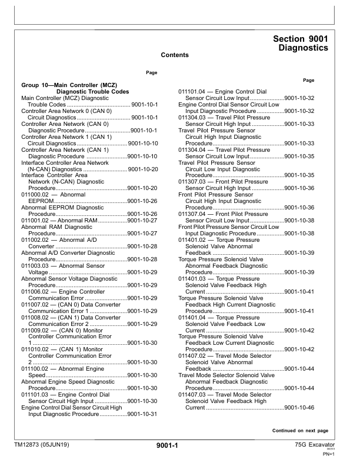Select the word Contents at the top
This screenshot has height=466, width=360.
175,55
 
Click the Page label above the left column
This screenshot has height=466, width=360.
151,73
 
